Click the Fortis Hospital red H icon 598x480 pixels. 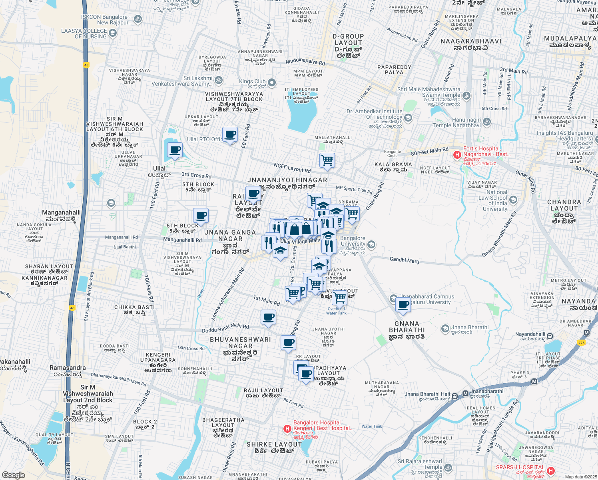pos(457,154)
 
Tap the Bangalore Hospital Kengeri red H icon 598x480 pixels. pos(287,429)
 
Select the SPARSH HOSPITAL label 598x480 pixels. pos(520,467)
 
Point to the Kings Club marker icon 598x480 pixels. pos(272,83)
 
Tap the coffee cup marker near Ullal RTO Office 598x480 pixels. pos(230,135)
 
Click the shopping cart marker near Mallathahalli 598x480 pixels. pos(327,160)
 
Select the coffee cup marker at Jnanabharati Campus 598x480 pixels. pos(403,305)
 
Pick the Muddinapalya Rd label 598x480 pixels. pos(305,62)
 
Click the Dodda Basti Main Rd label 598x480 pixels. pos(225,328)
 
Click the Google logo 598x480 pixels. pos(14,475)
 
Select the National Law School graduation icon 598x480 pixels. pos(513,200)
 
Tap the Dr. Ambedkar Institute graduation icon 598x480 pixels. pos(408,118)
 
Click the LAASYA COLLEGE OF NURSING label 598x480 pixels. pos(84,34)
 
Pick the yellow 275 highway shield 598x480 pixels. pos(581,342)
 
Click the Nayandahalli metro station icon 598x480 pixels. pos(550,336)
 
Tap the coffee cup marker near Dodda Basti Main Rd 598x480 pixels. pos(268,317)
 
